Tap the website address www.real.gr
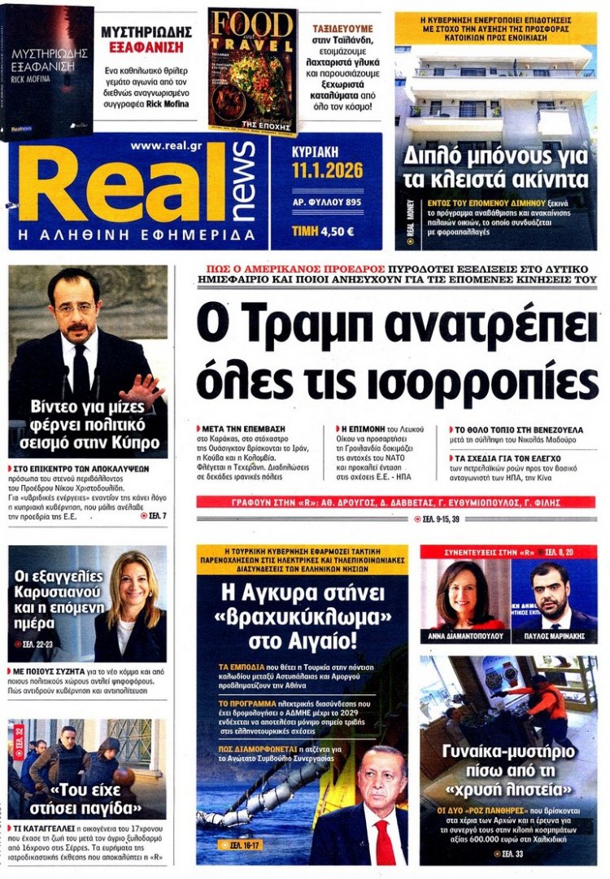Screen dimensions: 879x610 click(x=168, y=146)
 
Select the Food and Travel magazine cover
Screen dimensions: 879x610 click(x=251, y=71)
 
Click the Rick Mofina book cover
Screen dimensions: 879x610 click(x=47, y=71)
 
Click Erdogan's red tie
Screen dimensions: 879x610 click(x=383, y=842)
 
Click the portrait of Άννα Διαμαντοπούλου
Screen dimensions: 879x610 click(x=464, y=594)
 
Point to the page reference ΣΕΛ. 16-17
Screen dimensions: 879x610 click(x=245, y=846)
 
